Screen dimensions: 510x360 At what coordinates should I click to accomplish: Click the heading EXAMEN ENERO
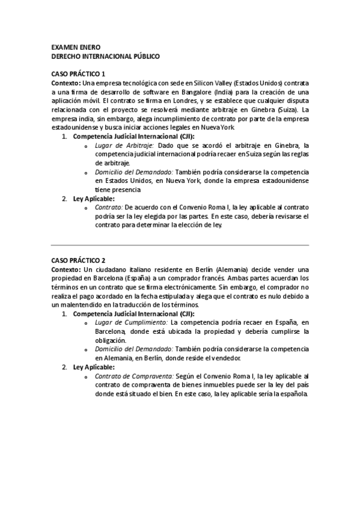tap(76, 47)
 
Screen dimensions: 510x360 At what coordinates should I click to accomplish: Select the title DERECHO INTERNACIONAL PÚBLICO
tap(105, 56)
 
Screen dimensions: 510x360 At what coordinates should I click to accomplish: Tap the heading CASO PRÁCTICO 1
tap(79, 73)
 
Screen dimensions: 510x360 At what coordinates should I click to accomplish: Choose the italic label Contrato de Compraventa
tap(134, 376)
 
